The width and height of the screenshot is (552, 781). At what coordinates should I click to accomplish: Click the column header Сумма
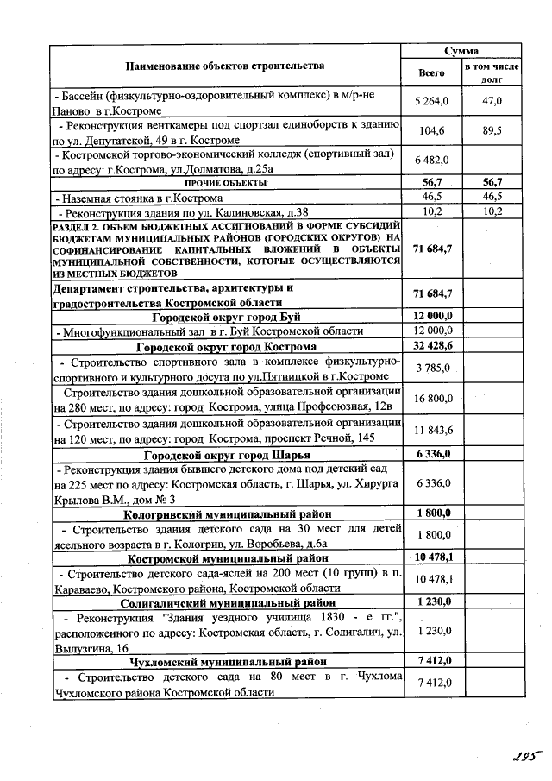(x=461, y=51)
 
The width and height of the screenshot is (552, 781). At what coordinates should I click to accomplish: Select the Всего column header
(x=431, y=73)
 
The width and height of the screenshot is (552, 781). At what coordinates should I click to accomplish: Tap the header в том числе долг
(x=492, y=72)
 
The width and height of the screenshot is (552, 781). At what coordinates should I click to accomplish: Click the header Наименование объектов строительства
(x=225, y=66)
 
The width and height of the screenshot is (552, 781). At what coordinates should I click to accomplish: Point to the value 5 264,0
(x=431, y=102)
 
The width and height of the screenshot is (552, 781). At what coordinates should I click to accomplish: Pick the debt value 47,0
(x=492, y=102)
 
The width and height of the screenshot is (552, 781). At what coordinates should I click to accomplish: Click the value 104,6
(x=431, y=131)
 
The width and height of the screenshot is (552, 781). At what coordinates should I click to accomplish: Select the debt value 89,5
(x=492, y=131)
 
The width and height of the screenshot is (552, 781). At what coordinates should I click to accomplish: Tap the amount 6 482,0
(x=431, y=161)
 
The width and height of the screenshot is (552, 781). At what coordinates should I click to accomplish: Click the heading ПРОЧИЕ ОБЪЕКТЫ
(x=225, y=183)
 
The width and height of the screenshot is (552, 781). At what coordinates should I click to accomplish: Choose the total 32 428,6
(x=431, y=345)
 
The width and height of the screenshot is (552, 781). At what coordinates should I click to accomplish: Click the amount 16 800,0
(x=431, y=399)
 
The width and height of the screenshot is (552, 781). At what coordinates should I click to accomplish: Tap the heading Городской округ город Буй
(x=225, y=315)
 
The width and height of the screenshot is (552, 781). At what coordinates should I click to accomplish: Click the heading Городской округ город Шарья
(x=225, y=453)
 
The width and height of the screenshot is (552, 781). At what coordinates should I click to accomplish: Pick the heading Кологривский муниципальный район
(x=225, y=513)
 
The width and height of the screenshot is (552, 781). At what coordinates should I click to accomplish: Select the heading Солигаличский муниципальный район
(x=225, y=602)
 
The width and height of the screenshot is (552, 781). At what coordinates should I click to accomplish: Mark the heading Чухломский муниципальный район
(x=225, y=661)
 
